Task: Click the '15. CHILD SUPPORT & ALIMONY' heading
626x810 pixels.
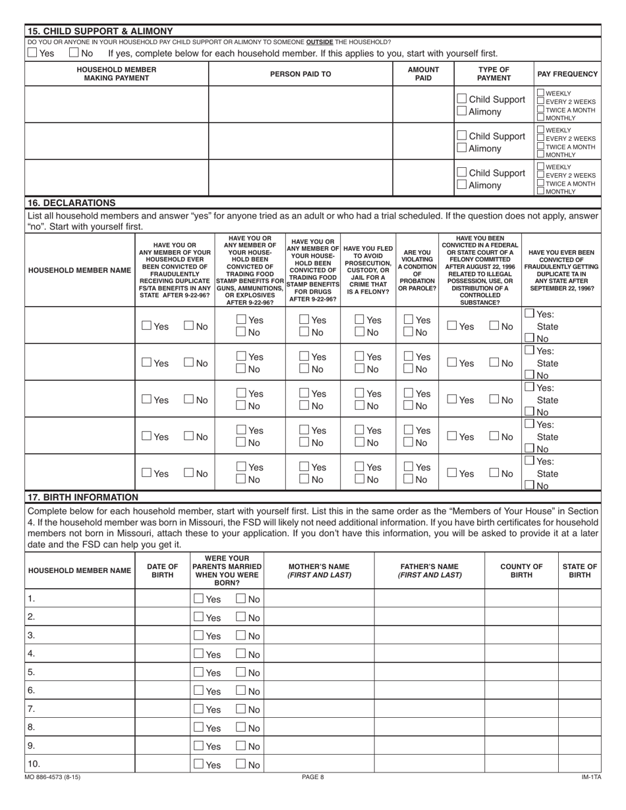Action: click(99, 31)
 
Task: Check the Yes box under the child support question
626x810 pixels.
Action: click(32, 53)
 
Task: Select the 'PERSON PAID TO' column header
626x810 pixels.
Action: click(300, 74)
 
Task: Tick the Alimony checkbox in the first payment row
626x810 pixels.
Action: click(462, 112)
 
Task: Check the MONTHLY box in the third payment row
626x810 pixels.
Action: click(541, 191)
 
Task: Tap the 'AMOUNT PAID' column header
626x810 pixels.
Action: click(423, 74)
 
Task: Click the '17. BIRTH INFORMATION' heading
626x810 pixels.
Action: click(82, 497)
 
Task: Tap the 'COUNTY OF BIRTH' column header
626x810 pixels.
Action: click(521, 570)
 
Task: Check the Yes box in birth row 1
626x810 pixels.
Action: click(198, 599)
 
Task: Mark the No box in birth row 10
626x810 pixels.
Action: click(241, 765)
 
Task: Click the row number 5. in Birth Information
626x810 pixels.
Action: click(32, 672)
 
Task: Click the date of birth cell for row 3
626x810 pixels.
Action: click(162, 636)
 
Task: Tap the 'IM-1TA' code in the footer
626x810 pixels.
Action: click(591, 777)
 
